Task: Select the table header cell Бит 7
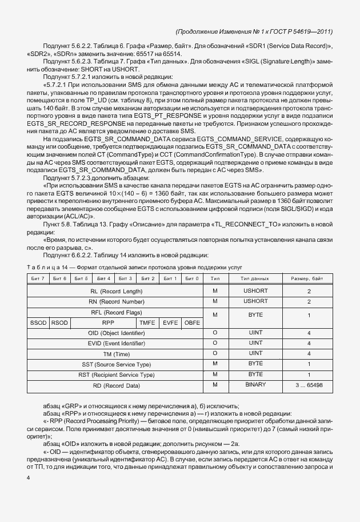(38, 278)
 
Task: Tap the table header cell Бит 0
(192, 278)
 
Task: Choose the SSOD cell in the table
(38, 322)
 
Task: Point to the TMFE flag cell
(147, 322)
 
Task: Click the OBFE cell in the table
(192, 322)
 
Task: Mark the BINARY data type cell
(255, 385)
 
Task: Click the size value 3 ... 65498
(309, 385)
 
